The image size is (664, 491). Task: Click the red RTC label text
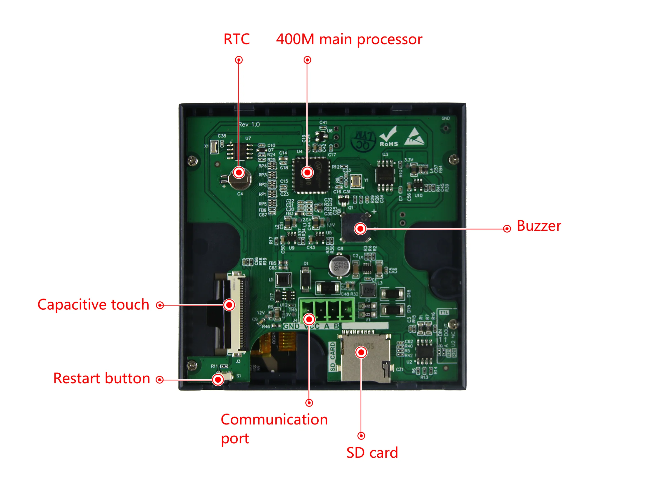pos(236,39)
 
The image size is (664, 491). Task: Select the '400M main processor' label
pos(349,39)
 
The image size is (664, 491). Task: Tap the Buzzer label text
pos(539,226)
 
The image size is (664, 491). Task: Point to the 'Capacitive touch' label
pos(93,305)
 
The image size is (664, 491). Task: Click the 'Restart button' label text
pos(101,378)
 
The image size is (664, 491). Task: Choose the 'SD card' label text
pos(372,453)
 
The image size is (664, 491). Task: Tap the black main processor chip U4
pos(311,176)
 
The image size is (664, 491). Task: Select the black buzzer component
pos(355,228)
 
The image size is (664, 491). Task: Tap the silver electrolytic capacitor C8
pos(340,266)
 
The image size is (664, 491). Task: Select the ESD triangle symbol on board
pos(415,137)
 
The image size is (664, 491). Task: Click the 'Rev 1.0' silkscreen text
pos(249,125)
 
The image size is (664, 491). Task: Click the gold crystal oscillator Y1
pos(356,181)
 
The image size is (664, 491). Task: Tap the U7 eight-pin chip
pos(240,151)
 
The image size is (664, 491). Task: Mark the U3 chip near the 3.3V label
pos(385,175)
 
